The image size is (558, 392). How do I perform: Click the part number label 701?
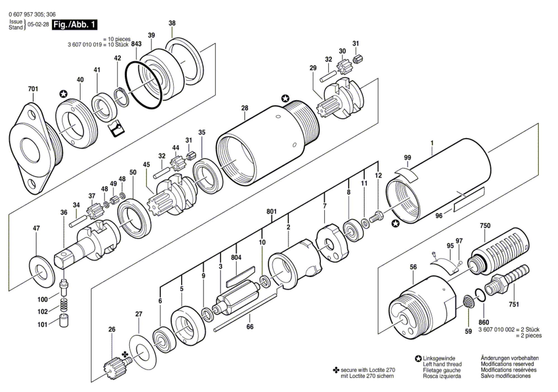pos(33,89)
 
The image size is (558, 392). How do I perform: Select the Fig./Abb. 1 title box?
pos(74,25)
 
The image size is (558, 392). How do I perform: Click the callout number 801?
pos(271,211)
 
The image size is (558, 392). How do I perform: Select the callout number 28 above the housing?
pos(245,108)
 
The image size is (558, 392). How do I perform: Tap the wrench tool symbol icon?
pos(116,128)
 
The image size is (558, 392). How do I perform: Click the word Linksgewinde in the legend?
pos(439,358)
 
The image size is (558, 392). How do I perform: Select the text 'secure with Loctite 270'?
pos(367,370)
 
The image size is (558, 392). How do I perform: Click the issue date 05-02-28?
pos(38,25)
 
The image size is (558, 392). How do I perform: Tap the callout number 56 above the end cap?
pos(413,267)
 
